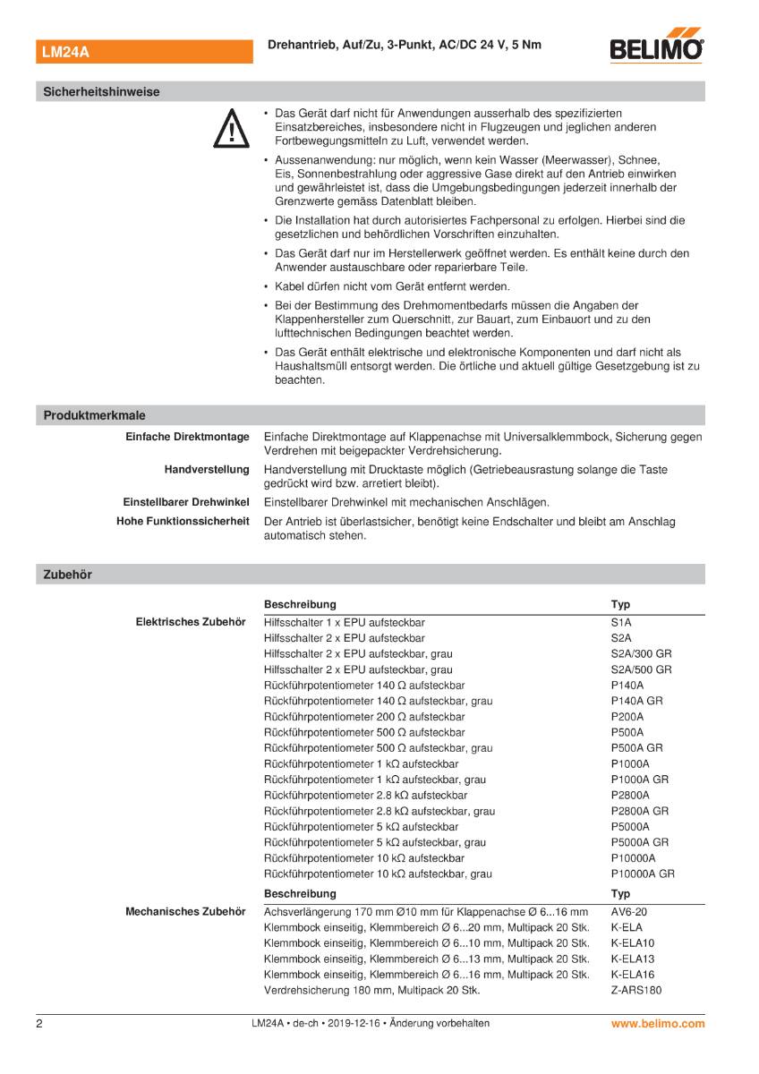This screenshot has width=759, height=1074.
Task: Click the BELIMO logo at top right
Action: (x=656, y=49)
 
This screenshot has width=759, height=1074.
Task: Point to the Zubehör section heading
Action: (x=68, y=575)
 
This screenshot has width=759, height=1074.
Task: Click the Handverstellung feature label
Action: (x=206, y=469)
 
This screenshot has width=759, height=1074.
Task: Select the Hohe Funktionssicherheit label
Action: (x=183, y=521)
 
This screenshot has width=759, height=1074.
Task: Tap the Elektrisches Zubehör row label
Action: (x=190, y=621)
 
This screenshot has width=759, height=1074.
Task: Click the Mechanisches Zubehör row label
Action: (x=186, y=911)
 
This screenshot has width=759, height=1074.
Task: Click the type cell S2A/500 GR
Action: (x=641, y=669)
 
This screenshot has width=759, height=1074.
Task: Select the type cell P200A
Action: (x=627, y=716)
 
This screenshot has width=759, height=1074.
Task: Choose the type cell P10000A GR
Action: (x=643, y=874)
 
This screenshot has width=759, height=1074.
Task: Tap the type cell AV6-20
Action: (x=628, y=911)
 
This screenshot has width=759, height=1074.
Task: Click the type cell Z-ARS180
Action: (x=636, y=990)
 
